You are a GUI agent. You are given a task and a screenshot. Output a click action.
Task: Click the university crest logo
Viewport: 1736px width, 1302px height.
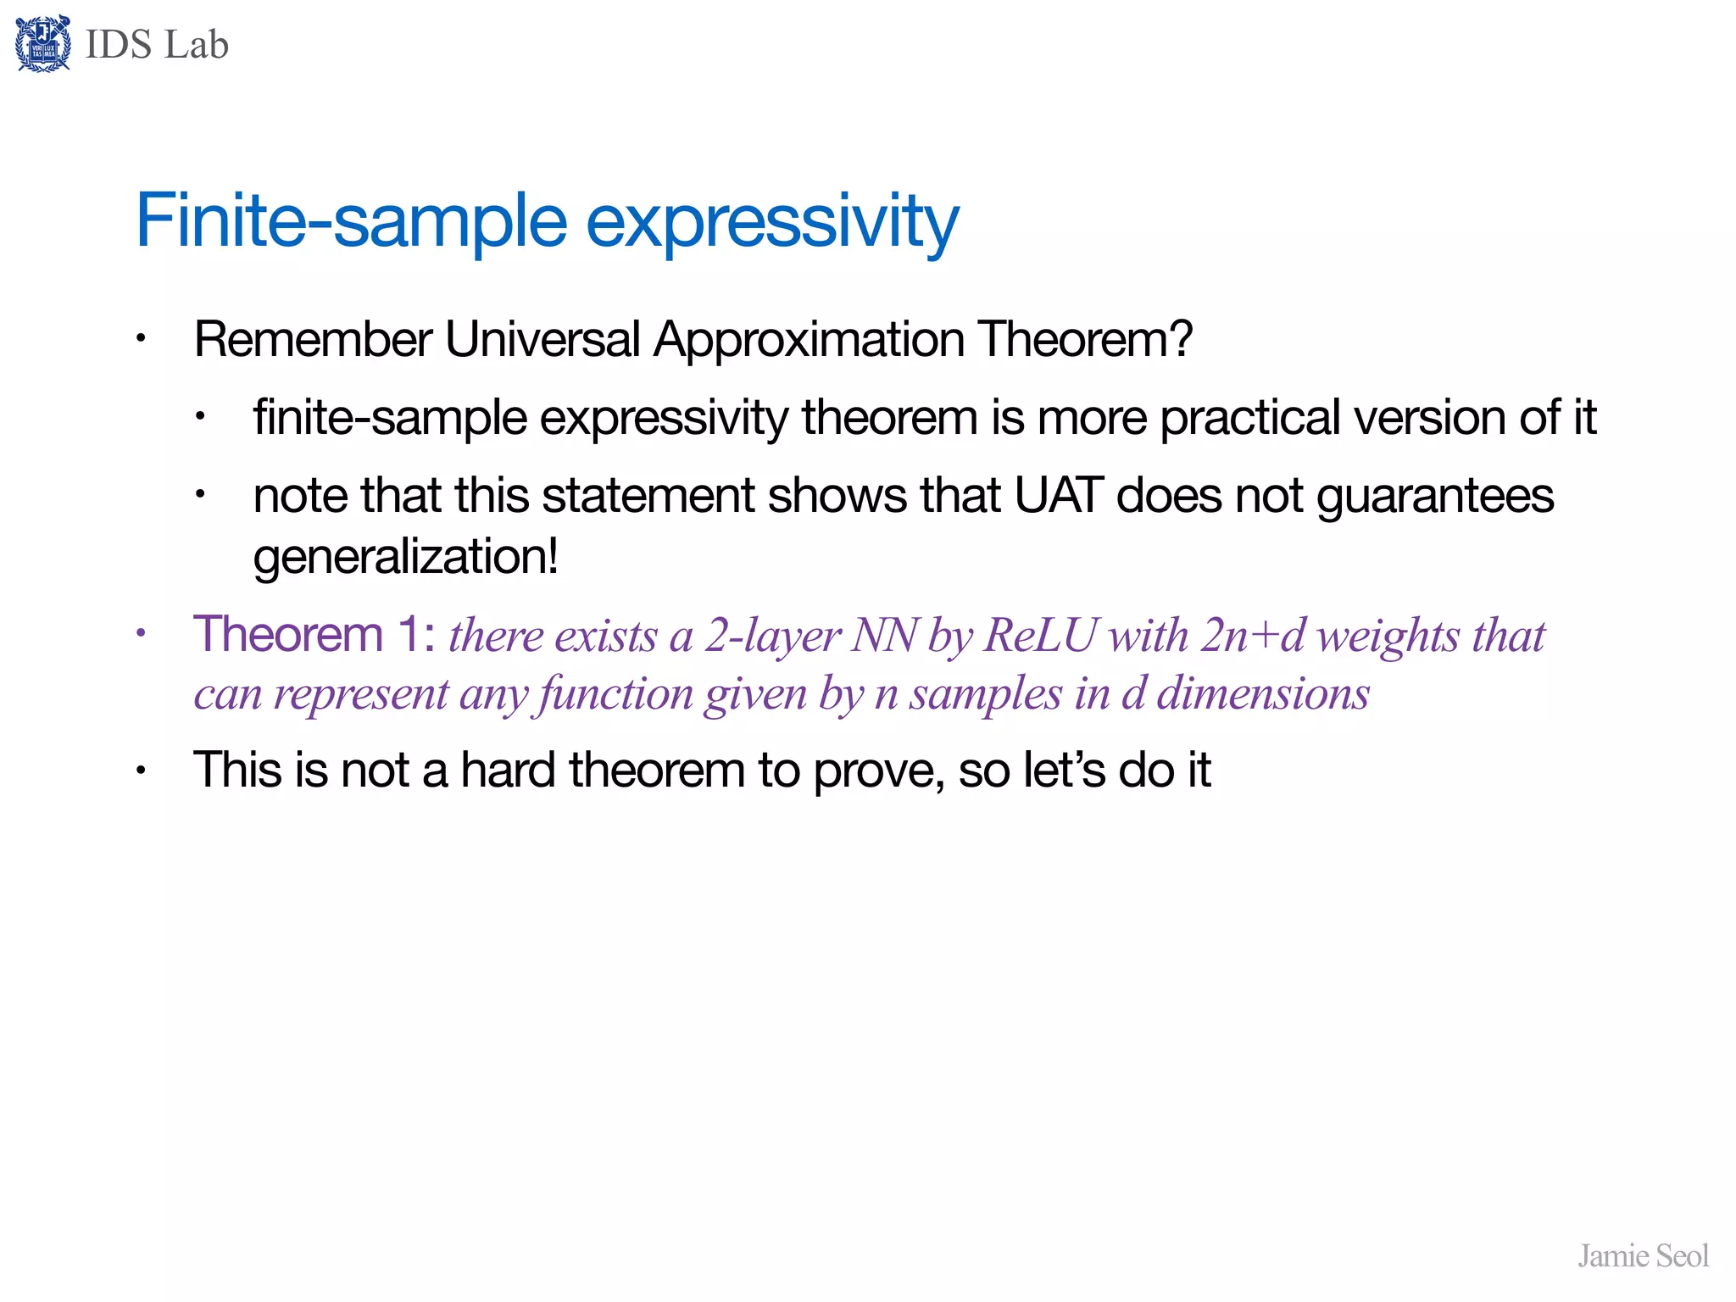[42, 44]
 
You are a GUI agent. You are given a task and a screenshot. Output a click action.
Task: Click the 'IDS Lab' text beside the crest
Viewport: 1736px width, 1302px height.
[157, 44]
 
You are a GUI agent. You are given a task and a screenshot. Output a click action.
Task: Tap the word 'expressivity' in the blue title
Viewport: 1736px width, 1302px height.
[772, 222]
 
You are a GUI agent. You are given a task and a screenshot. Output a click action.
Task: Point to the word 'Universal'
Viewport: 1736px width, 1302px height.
[542, 340]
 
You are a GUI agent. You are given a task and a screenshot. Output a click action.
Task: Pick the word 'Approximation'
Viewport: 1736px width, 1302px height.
[809, 340]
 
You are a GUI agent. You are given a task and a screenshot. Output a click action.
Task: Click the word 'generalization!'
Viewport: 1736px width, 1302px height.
[405, 558]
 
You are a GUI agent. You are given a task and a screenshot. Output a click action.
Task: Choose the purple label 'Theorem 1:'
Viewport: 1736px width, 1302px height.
[314, 634]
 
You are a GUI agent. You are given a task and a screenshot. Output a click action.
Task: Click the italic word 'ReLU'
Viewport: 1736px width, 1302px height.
[1040, 636]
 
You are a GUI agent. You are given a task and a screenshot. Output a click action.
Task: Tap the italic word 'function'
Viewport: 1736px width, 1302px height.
[614, 695]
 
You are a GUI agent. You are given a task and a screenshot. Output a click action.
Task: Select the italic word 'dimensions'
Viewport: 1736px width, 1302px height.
[1263, 693]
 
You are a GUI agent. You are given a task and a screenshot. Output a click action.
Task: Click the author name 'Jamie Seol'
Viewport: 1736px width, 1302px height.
[1642, 1255]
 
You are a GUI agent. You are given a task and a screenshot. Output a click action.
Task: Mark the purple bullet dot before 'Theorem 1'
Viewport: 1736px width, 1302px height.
[142, 632]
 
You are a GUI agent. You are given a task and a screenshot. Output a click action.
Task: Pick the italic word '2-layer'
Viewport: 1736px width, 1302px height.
[772, 637]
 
